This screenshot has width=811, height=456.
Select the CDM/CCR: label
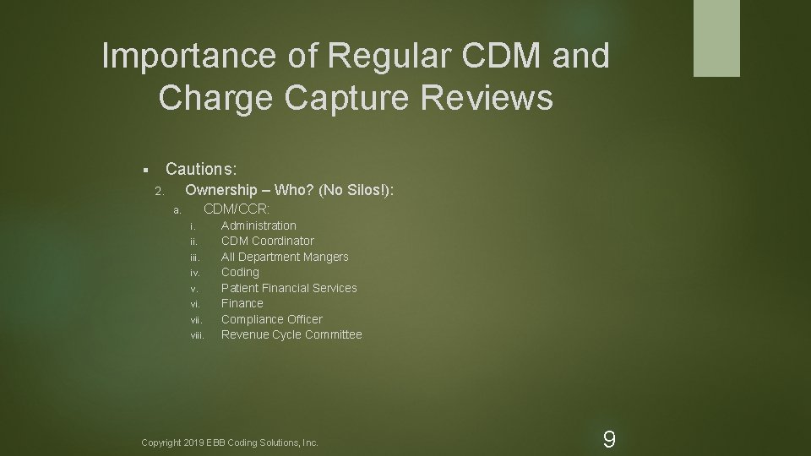pyautogui.click(x=237, y=209)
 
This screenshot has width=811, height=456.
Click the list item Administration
pyautogui.click(x=259, y=225)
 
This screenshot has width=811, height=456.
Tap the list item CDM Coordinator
pyautogui.click(x=267, y=241)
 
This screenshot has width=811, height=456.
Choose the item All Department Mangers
pyautogui.click(x=285, y=257)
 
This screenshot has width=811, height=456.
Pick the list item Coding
pyautogui.click(x=240, y=272)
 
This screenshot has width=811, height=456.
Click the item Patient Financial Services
pyautogui.click(x=289, y=288)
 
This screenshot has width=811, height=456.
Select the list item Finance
pyautogui.click(x=242, y=303)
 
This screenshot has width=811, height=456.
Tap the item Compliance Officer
pyautogui.click(x=271, y=319)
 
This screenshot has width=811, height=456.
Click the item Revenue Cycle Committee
pyautogui.click(x=291, y=334)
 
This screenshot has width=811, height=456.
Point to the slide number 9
pyautogui.click(x=608, y=439)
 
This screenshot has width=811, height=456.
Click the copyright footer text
pyautogui.click(x=230, y=442)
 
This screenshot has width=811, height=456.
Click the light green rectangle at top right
pyautogui.click(x=716, y=38)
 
